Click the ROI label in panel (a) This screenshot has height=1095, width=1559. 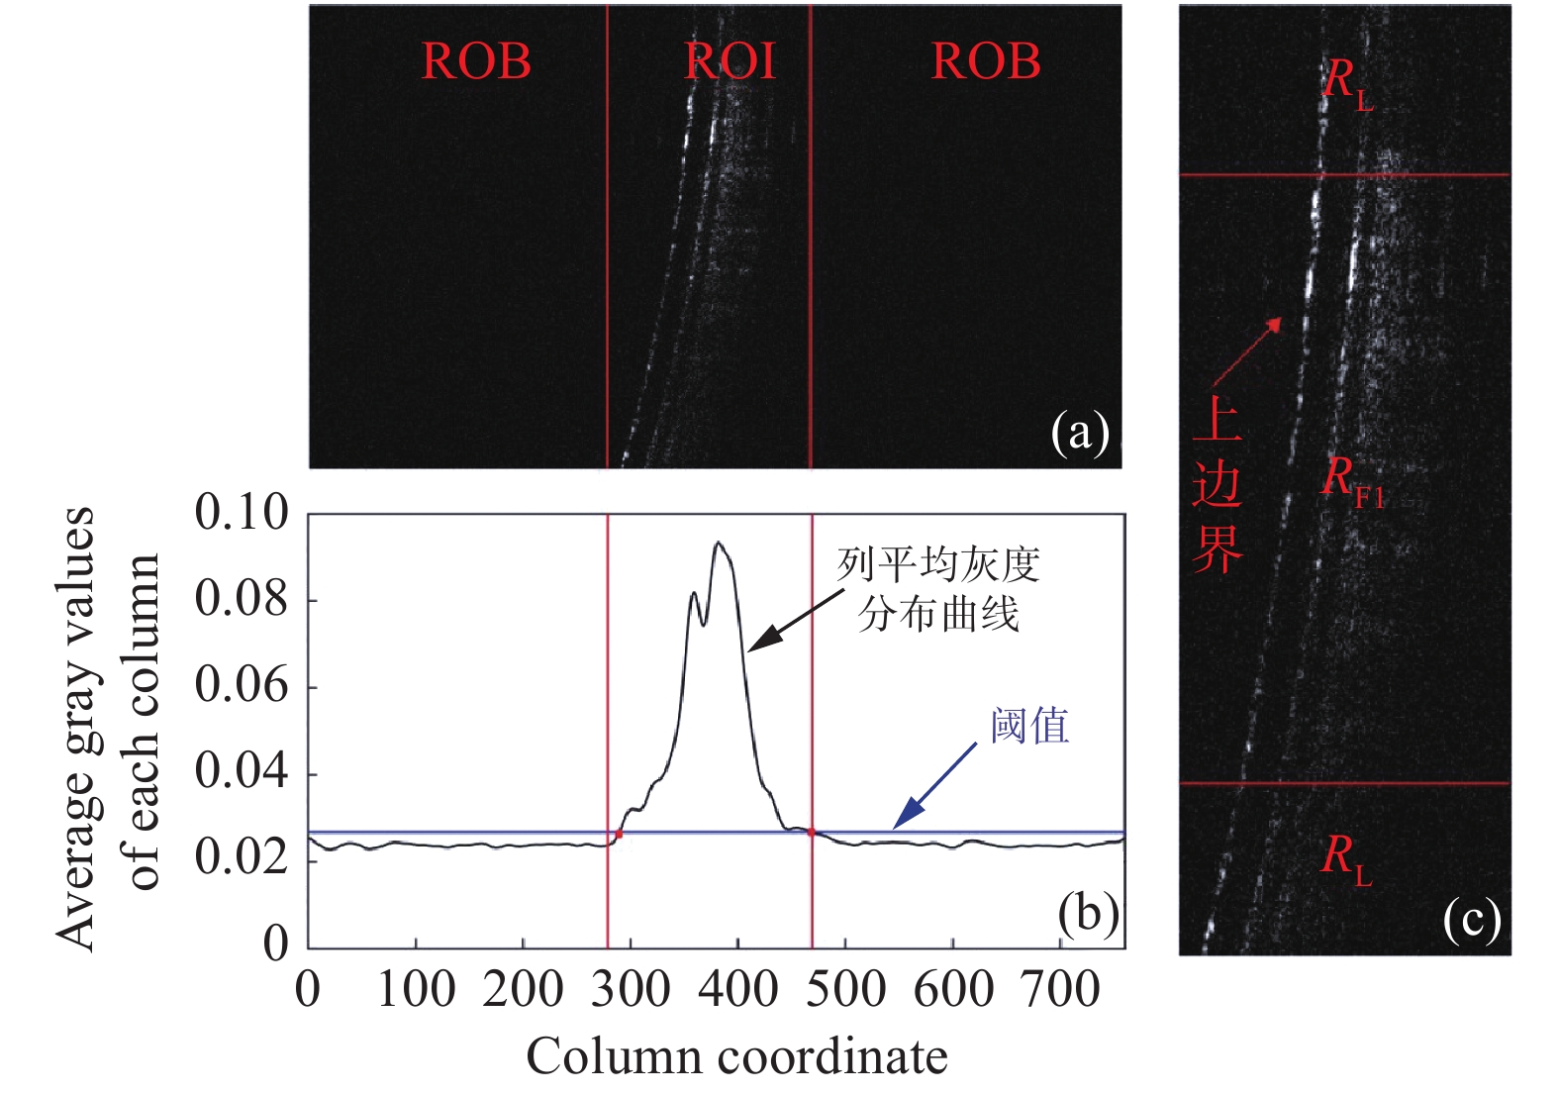coord(731,61)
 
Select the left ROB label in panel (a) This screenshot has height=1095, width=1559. coord(476,61)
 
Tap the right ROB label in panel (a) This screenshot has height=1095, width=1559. coord(986,61)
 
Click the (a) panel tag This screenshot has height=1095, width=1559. coord(1080,434)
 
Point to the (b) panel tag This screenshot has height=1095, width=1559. coord(1088,913)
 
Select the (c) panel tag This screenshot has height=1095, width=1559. coord(1472,920)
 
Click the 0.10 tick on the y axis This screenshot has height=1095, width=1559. coord(242,513)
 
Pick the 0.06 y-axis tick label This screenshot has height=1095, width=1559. coord(242,685)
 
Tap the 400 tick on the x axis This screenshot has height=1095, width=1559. coord(737,989)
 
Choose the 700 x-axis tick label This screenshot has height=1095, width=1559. coord(1060,989)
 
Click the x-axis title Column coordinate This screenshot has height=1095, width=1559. coord(736,1056)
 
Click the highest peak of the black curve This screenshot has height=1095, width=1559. coord(718,543)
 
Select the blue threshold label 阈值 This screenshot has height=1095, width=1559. coord(1029,726)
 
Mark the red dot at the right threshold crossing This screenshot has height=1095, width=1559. coord(812,833)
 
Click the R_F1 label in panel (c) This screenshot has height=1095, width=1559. coord(1352,481)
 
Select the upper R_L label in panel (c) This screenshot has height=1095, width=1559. coord(1347,81)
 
